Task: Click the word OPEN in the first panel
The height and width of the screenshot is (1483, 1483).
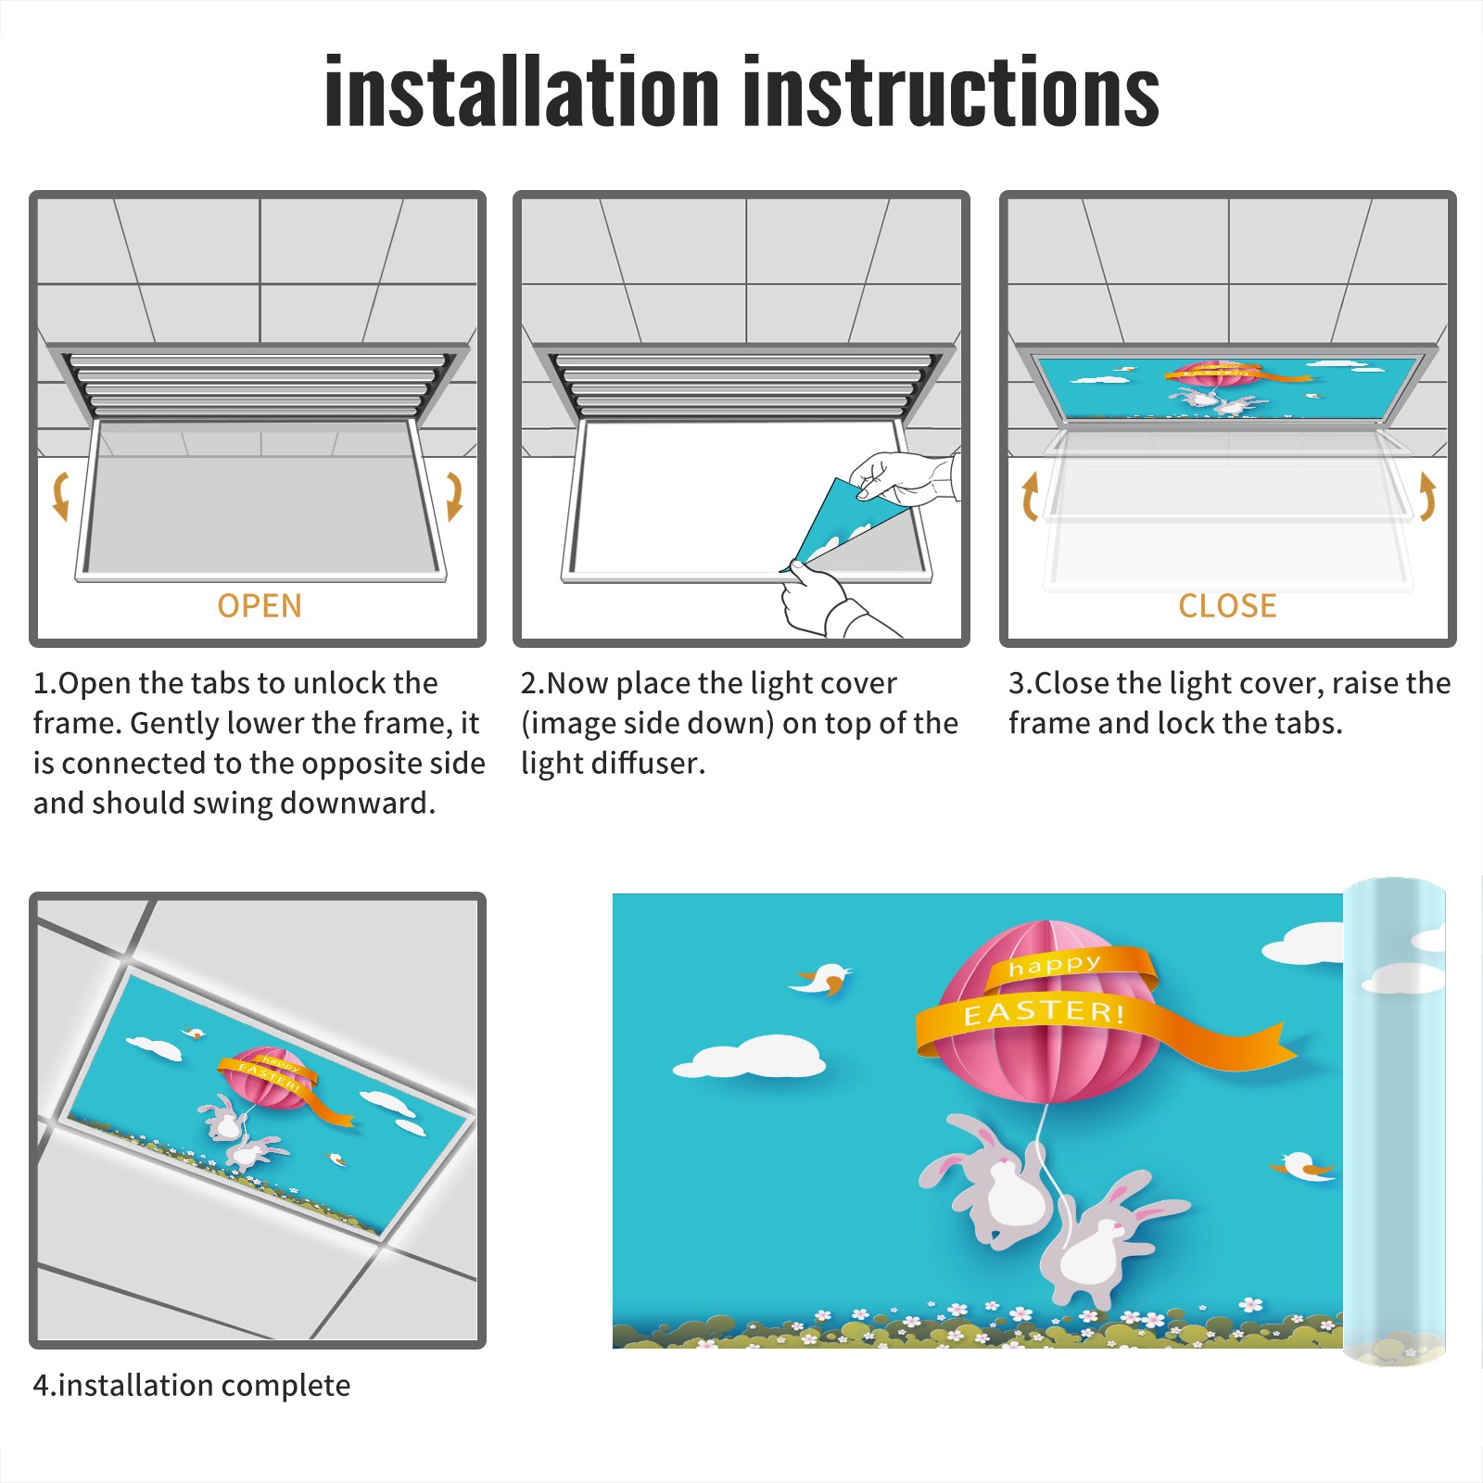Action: tap(260, 606)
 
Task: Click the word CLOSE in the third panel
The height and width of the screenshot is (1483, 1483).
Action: tap(1227, 606)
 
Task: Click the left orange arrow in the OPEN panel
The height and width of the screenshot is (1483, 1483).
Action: tap(60, 496)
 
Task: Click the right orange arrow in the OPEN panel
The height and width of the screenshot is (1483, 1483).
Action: tap(454, 496)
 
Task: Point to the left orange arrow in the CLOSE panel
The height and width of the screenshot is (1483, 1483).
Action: tap(1029, 496)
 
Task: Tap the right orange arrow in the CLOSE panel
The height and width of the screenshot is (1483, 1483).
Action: tap(1427, 496)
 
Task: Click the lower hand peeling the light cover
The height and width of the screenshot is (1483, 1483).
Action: tap(830, 602)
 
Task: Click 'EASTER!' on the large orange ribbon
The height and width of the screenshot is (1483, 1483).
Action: tap(1045, 1011)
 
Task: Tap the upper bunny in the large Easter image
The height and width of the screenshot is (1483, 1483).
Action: tap(987, 1177)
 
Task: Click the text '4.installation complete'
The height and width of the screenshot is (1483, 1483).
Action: tap(192, 1385)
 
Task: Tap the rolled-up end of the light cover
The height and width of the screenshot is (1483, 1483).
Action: tap(1394, 1122)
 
